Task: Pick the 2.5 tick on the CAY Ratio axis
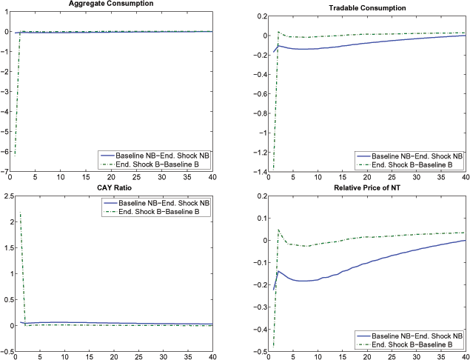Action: point(6,196)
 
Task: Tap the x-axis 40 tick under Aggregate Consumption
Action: point(212,178)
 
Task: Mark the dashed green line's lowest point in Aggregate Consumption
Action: point(14,154)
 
